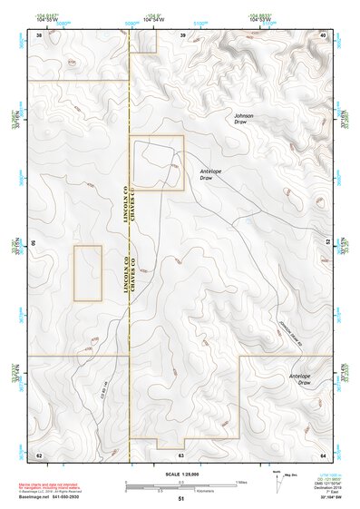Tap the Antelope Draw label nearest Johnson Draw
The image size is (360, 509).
[211, 174]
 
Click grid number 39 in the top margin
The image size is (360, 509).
[183, 34]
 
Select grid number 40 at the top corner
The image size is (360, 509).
[324, 34]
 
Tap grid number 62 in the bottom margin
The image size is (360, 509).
[39, 454]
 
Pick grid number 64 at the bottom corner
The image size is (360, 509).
[324, 454]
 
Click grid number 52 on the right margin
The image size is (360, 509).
[327, 243]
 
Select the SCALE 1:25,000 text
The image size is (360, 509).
[180, 474]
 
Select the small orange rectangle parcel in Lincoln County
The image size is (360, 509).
[87, 272]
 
